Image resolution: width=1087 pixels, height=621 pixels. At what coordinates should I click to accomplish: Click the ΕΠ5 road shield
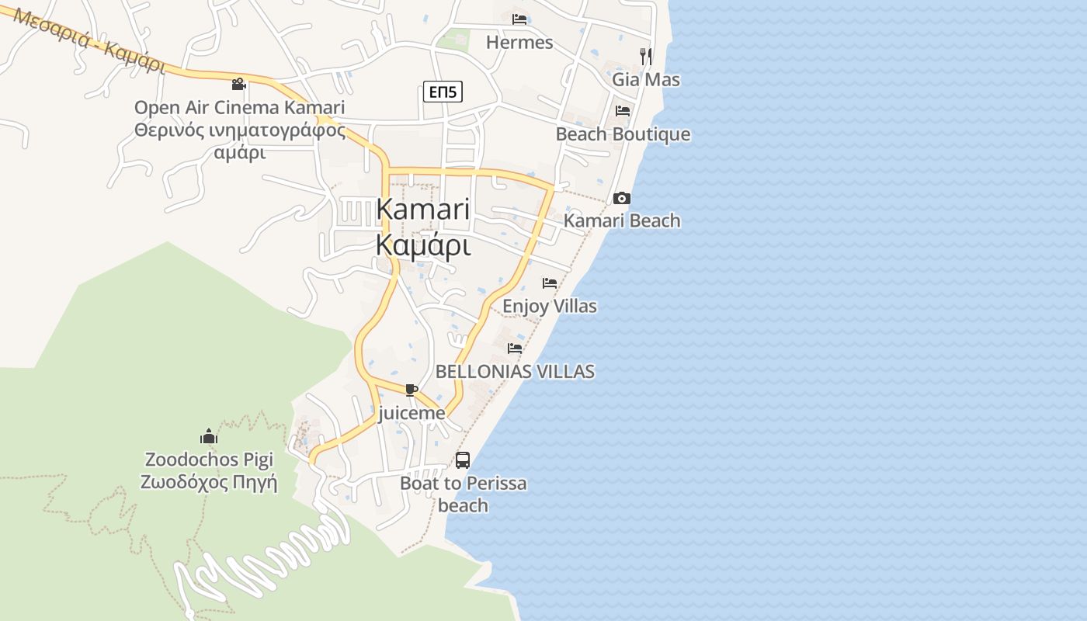tap(443, 92)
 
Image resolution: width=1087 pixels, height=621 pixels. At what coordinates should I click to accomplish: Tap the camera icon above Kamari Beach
tap(622, 199)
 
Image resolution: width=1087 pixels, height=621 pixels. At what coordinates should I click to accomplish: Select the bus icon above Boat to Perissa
tap(463, 460)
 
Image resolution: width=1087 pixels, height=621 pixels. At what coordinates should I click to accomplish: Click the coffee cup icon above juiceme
tap(412, 390)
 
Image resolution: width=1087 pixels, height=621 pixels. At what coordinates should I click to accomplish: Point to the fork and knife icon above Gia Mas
tap(645, 56)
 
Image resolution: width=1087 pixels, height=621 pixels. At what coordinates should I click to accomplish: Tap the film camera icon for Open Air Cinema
tap(239, 84)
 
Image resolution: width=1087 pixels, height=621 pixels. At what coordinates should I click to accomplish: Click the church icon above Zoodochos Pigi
tap(208, 436)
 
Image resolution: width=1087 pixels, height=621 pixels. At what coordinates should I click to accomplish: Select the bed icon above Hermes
tap(519, 19)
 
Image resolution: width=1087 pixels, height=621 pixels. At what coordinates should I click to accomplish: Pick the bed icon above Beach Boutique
tap(623, 111)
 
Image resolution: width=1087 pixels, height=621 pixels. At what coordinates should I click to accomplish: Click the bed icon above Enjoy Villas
tap(550, 283)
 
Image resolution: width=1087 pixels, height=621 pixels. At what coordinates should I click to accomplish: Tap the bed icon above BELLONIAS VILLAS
tap(515, 349)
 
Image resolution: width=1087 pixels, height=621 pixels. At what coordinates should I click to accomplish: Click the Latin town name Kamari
tap(423, 210)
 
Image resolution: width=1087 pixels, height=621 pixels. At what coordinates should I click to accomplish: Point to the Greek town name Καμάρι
tap(423, 245)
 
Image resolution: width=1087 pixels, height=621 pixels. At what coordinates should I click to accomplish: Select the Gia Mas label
tap(646, 80)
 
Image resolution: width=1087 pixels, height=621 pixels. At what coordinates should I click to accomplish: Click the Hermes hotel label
tap(519, 43)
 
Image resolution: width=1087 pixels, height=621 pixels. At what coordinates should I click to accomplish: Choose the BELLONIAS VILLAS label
tap(515, 372)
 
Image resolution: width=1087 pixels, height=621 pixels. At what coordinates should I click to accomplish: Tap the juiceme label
tap(412, 413)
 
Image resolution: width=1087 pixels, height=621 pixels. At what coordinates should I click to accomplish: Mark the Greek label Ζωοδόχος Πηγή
tap(209, 482)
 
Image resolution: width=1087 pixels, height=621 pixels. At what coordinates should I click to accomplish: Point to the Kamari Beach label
tap(622, 221)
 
